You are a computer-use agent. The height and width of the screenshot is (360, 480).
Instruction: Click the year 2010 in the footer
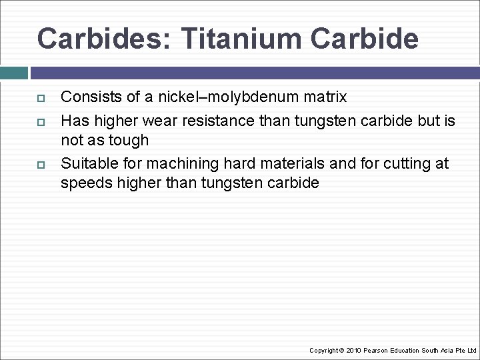coord(354,350)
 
